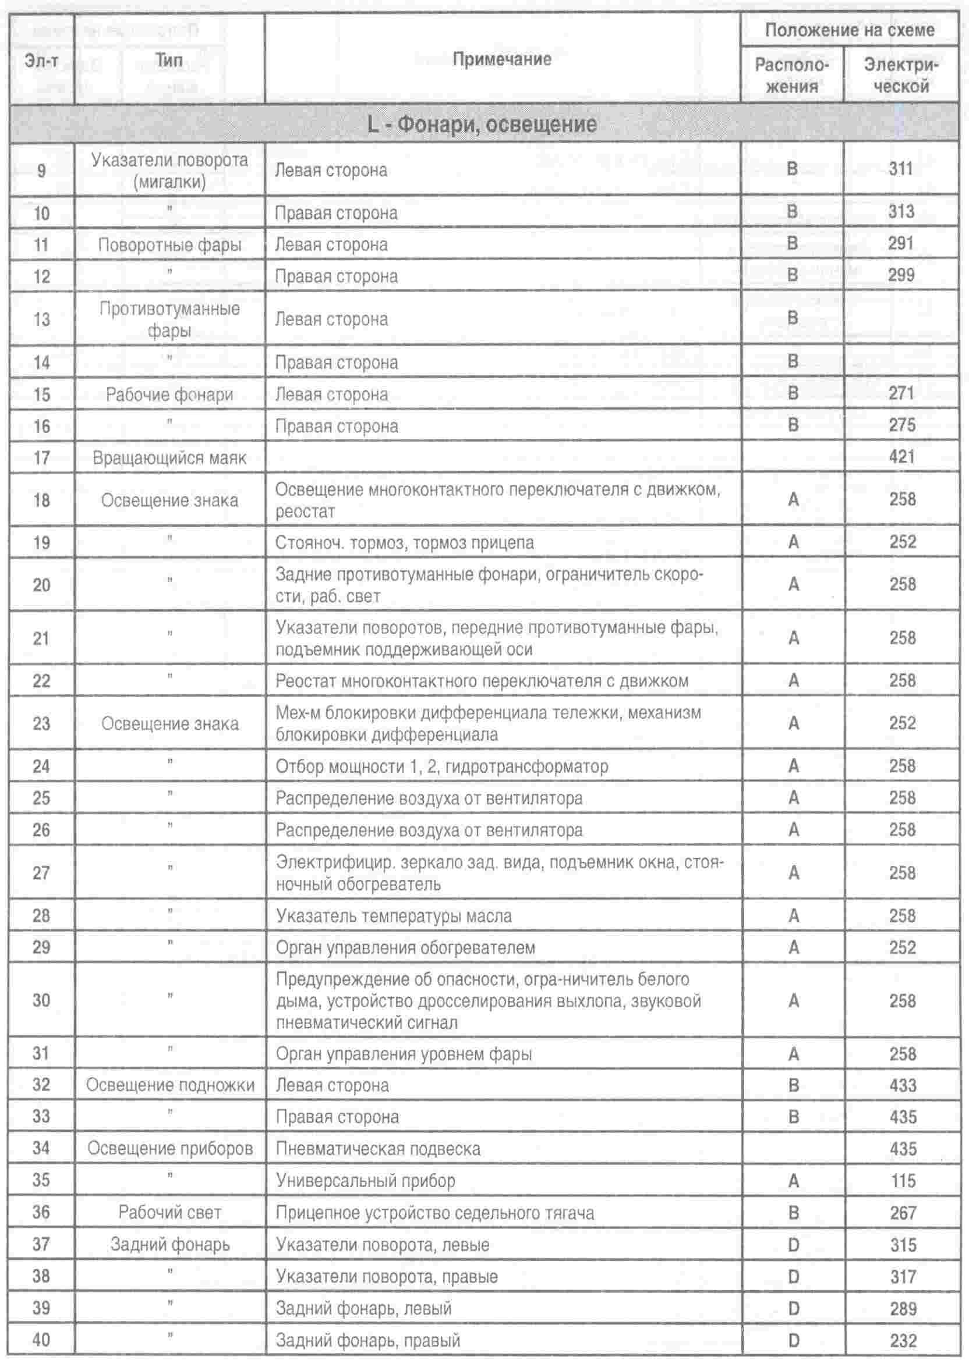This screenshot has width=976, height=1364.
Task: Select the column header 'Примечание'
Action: point(501,59)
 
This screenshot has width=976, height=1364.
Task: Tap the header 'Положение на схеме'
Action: point(849,30)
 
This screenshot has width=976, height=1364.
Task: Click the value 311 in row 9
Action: point(900,169)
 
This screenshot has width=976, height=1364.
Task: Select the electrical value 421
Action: point(901,457)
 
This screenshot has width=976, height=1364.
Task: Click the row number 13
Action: point(41,319)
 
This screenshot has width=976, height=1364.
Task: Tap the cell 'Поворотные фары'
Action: point(169,244)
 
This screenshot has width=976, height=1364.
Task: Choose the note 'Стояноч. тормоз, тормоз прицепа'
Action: point(405,542)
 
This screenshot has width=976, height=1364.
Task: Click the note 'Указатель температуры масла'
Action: point(394,916)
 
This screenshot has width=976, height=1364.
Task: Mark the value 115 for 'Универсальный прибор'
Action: point(903,1180)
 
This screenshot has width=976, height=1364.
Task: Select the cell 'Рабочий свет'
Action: point(169,1212)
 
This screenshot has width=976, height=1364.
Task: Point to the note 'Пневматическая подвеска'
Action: point(378,1149)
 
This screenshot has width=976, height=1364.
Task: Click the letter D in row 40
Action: point(793,1341)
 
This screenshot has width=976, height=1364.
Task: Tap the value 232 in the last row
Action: point(903,1341)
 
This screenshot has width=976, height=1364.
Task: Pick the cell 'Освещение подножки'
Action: point(170,1085)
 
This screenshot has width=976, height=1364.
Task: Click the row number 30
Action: point(41,1001)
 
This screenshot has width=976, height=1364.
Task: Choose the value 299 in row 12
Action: point(901,275)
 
